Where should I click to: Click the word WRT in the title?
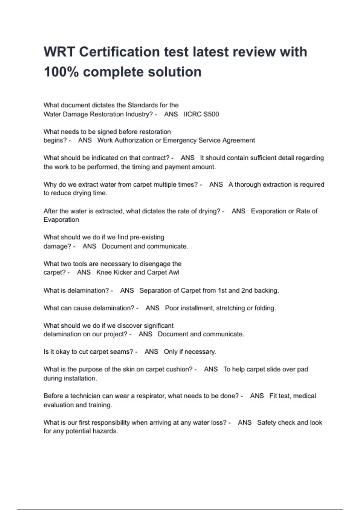(59, 52)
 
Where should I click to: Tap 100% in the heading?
(61, 72)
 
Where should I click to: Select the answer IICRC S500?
(201, 114)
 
